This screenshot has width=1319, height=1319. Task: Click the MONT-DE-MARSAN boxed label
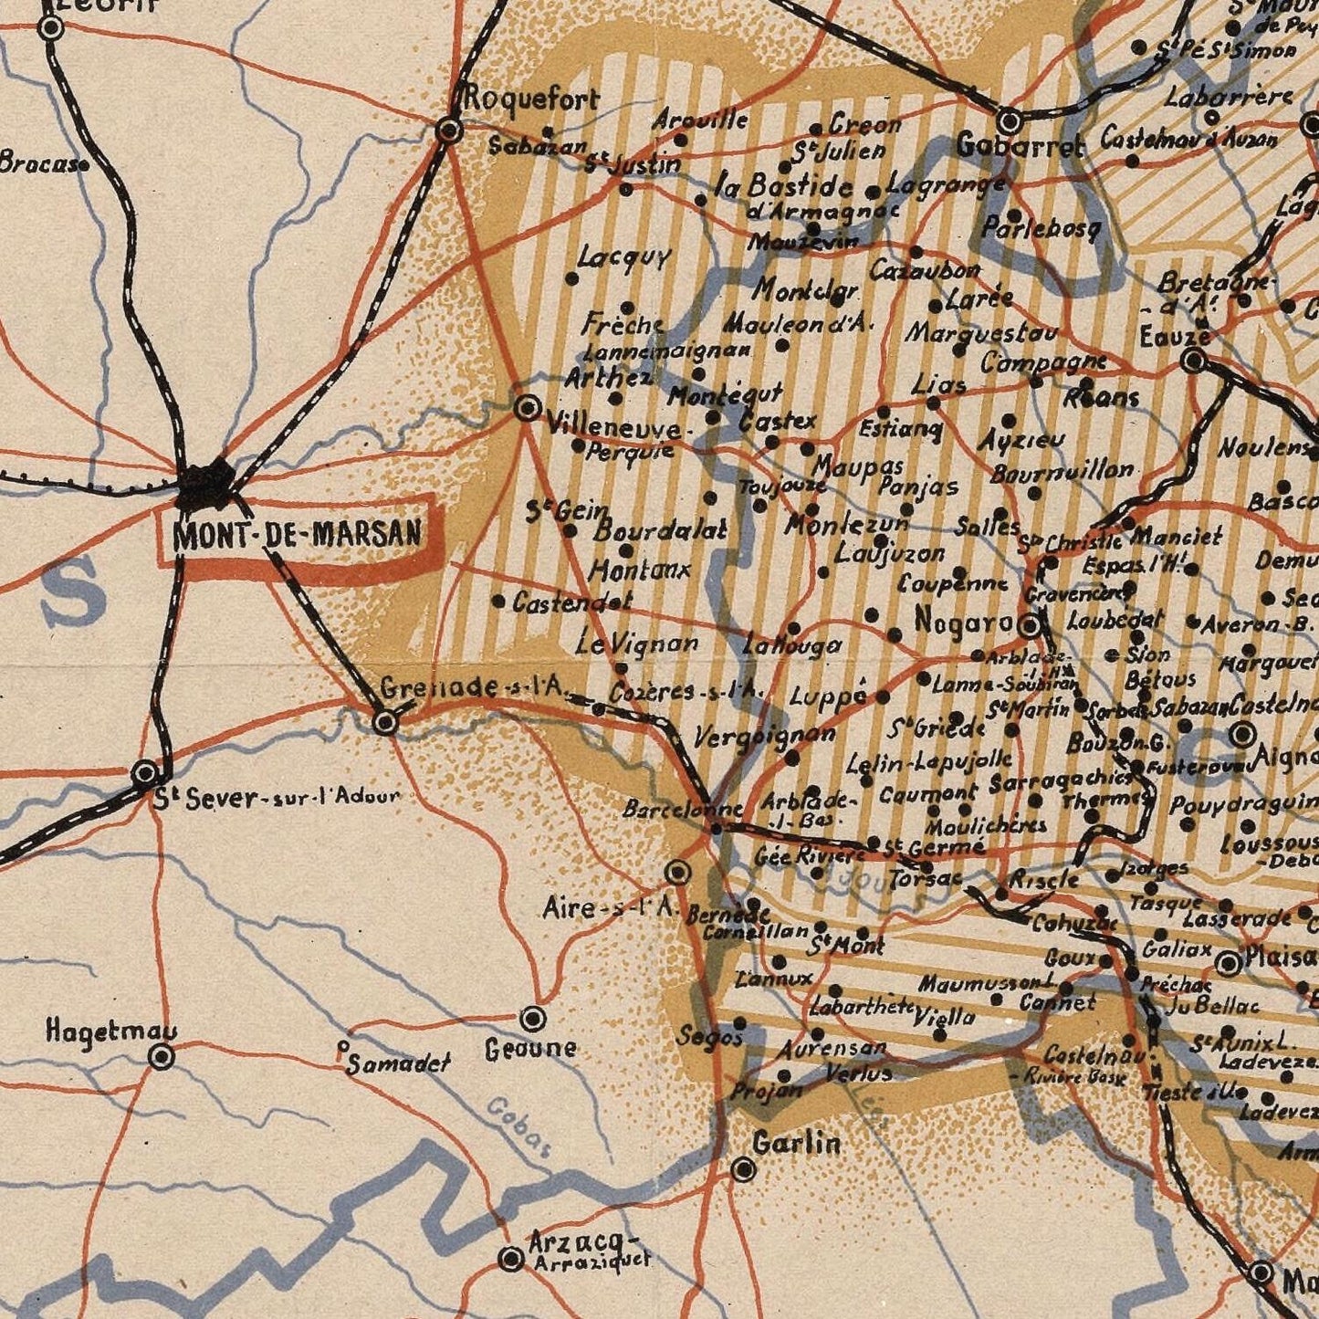[298, 533]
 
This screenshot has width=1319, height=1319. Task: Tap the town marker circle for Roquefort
[449, 131]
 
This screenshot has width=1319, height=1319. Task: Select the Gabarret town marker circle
[1010, 121]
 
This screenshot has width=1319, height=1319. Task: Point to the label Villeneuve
[612, 427]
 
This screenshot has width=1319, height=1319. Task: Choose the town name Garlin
[797, 1143]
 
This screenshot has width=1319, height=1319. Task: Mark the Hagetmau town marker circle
[162, 1057]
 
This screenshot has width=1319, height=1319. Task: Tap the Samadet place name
[398, 1063]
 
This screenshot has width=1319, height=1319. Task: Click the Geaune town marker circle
[533, 1017]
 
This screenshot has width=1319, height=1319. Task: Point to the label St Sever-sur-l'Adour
[277, 799]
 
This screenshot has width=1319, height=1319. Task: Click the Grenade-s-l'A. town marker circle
[386, 723]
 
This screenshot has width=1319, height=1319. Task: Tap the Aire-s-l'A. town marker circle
[677, 873]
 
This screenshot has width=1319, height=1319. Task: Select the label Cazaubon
[925, 271]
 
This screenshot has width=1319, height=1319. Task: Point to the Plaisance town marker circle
[1230, 962]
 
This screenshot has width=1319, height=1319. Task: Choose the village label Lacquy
[623, 258]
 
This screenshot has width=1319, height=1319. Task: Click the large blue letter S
[75, 591]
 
